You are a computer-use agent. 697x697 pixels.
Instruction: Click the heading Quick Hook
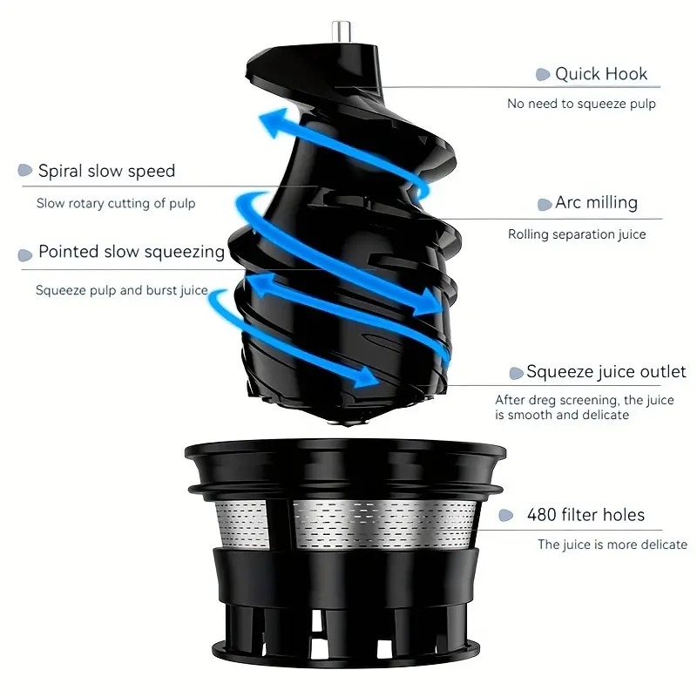point(601,74)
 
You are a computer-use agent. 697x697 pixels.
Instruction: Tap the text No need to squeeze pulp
point(581,104)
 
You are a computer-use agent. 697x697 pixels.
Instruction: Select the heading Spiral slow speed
point(106,171)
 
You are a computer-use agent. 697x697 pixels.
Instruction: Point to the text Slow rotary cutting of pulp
point(116,203)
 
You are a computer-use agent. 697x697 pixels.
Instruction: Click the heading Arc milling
point(596,203)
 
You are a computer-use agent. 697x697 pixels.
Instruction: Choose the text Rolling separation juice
point(577,234)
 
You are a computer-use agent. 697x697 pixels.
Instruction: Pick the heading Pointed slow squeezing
point(132,252)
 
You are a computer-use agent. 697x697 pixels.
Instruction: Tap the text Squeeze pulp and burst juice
point(122,290)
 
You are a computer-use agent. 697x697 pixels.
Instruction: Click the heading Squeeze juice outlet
point(606,372)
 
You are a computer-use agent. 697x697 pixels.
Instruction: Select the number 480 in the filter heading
point(542,515)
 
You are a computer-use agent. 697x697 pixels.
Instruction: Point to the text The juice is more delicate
point(612,545)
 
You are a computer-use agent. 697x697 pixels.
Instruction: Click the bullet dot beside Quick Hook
point(543,74)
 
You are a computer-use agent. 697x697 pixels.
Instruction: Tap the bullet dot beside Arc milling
point(545,205)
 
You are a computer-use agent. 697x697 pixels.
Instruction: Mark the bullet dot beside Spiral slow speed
point(25,170)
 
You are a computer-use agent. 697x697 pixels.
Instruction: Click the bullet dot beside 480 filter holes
point(506,515)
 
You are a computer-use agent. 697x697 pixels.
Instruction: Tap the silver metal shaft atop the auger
point(342,31)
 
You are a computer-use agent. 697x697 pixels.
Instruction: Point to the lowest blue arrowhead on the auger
point(364,377)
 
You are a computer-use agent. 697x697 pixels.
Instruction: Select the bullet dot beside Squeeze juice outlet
point(516,374)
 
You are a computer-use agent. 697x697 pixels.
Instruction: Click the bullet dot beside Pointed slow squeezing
point(25,255)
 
